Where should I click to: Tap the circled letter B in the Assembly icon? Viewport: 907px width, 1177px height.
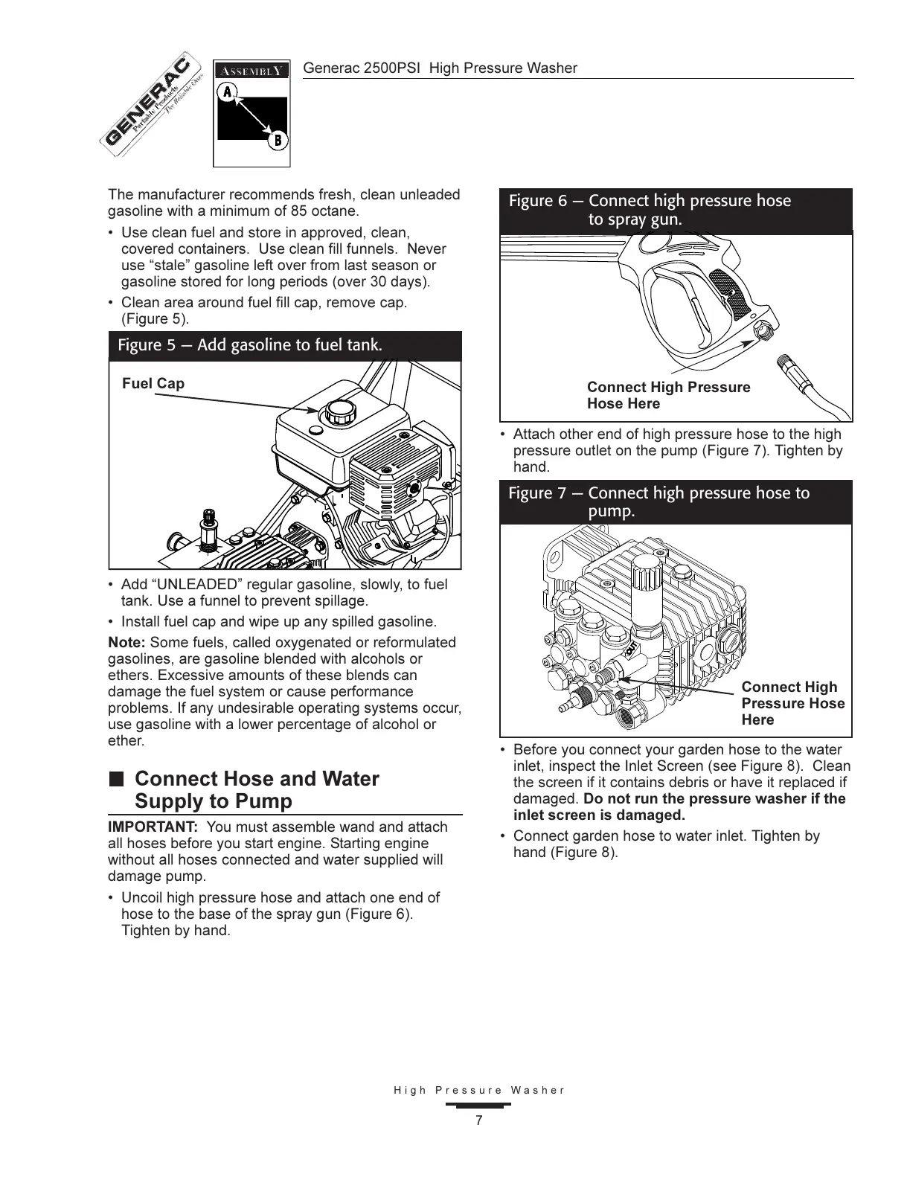277,139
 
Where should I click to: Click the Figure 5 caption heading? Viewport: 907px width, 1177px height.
250,345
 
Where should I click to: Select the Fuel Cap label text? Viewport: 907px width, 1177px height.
153,384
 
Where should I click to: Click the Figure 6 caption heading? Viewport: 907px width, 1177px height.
650,210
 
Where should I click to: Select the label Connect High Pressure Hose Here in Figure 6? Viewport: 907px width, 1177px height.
668,395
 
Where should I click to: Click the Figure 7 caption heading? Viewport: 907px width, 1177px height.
658,501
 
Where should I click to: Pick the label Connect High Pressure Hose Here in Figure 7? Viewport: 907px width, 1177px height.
792,703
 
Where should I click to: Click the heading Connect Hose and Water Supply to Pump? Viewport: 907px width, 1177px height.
256,789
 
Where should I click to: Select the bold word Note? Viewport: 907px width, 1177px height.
126,642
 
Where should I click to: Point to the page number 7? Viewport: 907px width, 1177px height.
479,1120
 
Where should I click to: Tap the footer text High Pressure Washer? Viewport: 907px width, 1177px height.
479,1091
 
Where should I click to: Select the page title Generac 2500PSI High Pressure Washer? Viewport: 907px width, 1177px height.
440,68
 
